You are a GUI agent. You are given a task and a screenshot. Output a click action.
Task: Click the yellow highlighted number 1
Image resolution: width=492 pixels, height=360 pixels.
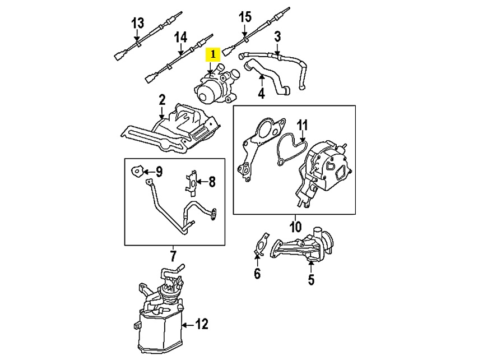pos(213,56)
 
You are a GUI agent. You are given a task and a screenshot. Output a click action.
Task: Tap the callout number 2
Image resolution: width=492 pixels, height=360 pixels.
pos(162,101)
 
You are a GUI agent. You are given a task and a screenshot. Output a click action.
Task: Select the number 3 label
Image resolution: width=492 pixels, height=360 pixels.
pos(277,38)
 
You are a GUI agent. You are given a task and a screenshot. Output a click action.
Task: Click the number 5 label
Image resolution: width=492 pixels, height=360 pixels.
pos(311,279)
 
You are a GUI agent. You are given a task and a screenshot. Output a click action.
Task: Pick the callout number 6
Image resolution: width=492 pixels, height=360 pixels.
pos(257,274)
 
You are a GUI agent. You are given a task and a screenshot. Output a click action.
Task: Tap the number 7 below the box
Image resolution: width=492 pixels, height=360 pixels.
pos(173,257)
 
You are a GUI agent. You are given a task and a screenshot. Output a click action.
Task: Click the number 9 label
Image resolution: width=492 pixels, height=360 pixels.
pos(159,171)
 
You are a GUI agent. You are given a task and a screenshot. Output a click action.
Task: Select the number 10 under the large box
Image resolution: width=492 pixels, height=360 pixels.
pos(295,227)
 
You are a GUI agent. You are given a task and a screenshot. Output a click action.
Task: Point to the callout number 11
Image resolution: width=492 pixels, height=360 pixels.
pos(303,124)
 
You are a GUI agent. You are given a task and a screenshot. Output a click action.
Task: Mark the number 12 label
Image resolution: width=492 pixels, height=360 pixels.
pos(202,324)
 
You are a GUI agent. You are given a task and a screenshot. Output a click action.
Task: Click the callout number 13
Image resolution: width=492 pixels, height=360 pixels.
pos(137,24)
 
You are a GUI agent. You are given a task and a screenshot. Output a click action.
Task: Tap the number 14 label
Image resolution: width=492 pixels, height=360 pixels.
pos(180,38)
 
